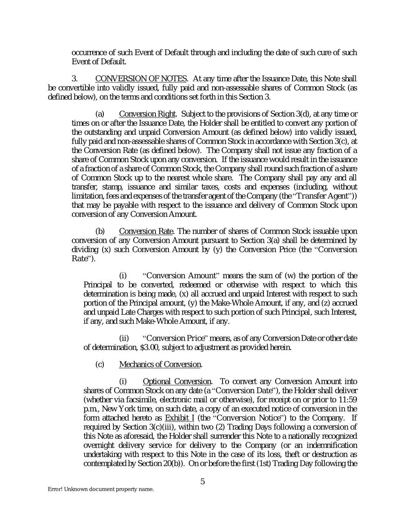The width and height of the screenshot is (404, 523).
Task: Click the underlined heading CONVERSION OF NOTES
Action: (x=141, y=79)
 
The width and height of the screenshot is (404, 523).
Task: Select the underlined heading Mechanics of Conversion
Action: (x=160, y=364)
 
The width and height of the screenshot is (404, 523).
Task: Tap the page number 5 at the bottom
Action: (x=203, y=482)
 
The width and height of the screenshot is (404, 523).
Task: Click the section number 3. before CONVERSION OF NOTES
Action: (x=75, y=79)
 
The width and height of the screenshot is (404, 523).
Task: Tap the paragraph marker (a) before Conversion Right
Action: (x=100, y=114)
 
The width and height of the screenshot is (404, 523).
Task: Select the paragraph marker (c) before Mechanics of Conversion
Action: (x=100, y=364)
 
